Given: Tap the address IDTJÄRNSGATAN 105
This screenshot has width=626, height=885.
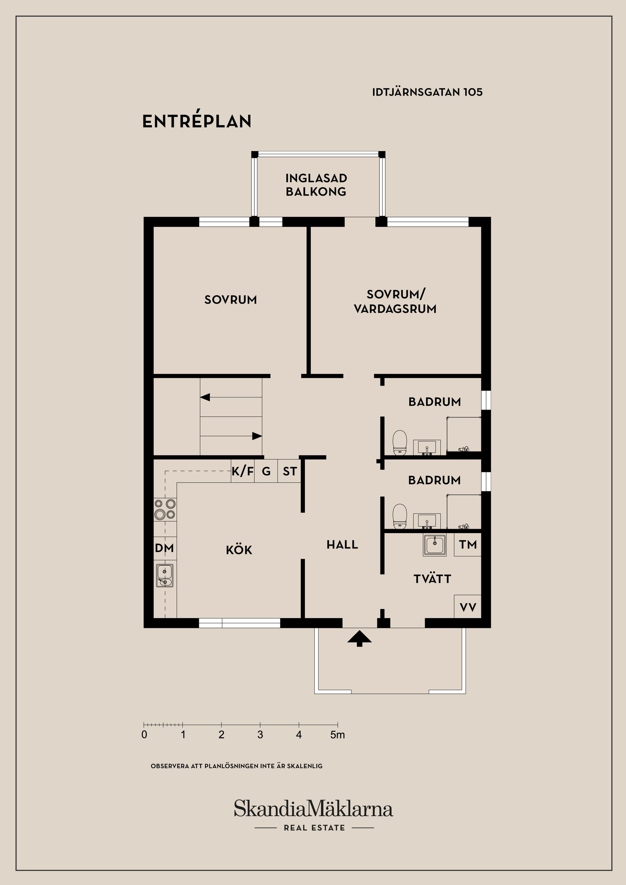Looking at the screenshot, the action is pos(427,92).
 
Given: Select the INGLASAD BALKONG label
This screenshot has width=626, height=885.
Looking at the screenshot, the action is pos(316,185).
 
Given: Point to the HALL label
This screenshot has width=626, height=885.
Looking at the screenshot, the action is pos(342,544).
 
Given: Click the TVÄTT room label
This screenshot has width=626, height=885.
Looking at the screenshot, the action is pos(432,579).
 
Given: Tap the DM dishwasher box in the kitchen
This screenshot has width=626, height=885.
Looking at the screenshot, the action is pos(165,548).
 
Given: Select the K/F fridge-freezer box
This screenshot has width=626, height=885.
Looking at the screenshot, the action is pos(243,471).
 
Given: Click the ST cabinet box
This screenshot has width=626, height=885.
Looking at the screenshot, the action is pos(289,471).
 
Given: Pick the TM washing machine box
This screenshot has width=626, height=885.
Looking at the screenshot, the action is pos(468,544).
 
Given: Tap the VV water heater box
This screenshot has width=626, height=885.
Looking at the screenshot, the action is pos(468,607).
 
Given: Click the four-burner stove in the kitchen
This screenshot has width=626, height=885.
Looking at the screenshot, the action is pos(165,509).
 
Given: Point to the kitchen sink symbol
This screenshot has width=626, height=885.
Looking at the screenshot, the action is pos(165,575).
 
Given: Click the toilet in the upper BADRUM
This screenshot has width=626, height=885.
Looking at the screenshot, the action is pos(400,442).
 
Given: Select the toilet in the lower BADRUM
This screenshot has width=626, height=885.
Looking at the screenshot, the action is pos(400,516).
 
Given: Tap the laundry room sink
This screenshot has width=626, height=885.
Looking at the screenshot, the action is pos(435,544).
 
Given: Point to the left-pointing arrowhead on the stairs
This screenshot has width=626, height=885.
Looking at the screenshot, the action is pos(205,397).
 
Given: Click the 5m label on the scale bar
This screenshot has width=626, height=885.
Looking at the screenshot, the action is pos(337,735).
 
